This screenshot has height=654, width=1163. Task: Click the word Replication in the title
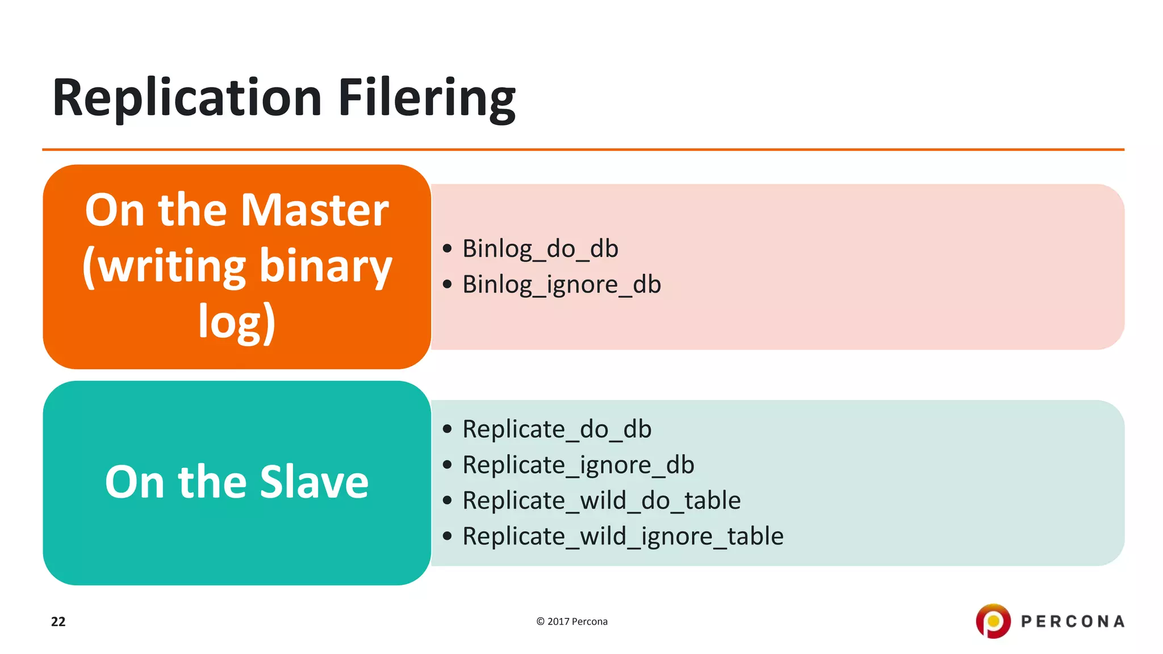click(187, 98)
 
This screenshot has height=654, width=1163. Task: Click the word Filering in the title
click(426, 98)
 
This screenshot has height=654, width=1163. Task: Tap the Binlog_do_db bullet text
click(540, 249)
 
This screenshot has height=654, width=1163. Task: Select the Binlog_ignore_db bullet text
click(562, 284)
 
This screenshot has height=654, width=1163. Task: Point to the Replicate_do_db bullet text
click(557, 429)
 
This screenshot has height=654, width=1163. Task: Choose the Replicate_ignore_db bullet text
click(578, 465)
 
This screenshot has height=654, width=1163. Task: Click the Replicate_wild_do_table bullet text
click(601, 501)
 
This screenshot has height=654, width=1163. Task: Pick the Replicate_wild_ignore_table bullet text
click(623, 536)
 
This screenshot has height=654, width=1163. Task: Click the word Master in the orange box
click(315, 210)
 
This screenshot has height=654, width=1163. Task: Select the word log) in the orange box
click(237, 321)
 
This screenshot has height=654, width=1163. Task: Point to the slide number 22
click(58, 622)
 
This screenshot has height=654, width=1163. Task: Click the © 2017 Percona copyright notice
click(572, 622)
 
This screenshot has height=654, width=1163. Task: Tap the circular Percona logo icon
click(993, 621)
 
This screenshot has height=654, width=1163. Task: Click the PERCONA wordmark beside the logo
click(1073, 622)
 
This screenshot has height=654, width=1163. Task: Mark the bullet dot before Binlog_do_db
click(447, 249)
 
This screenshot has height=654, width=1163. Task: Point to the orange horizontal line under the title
click(583, 150)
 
